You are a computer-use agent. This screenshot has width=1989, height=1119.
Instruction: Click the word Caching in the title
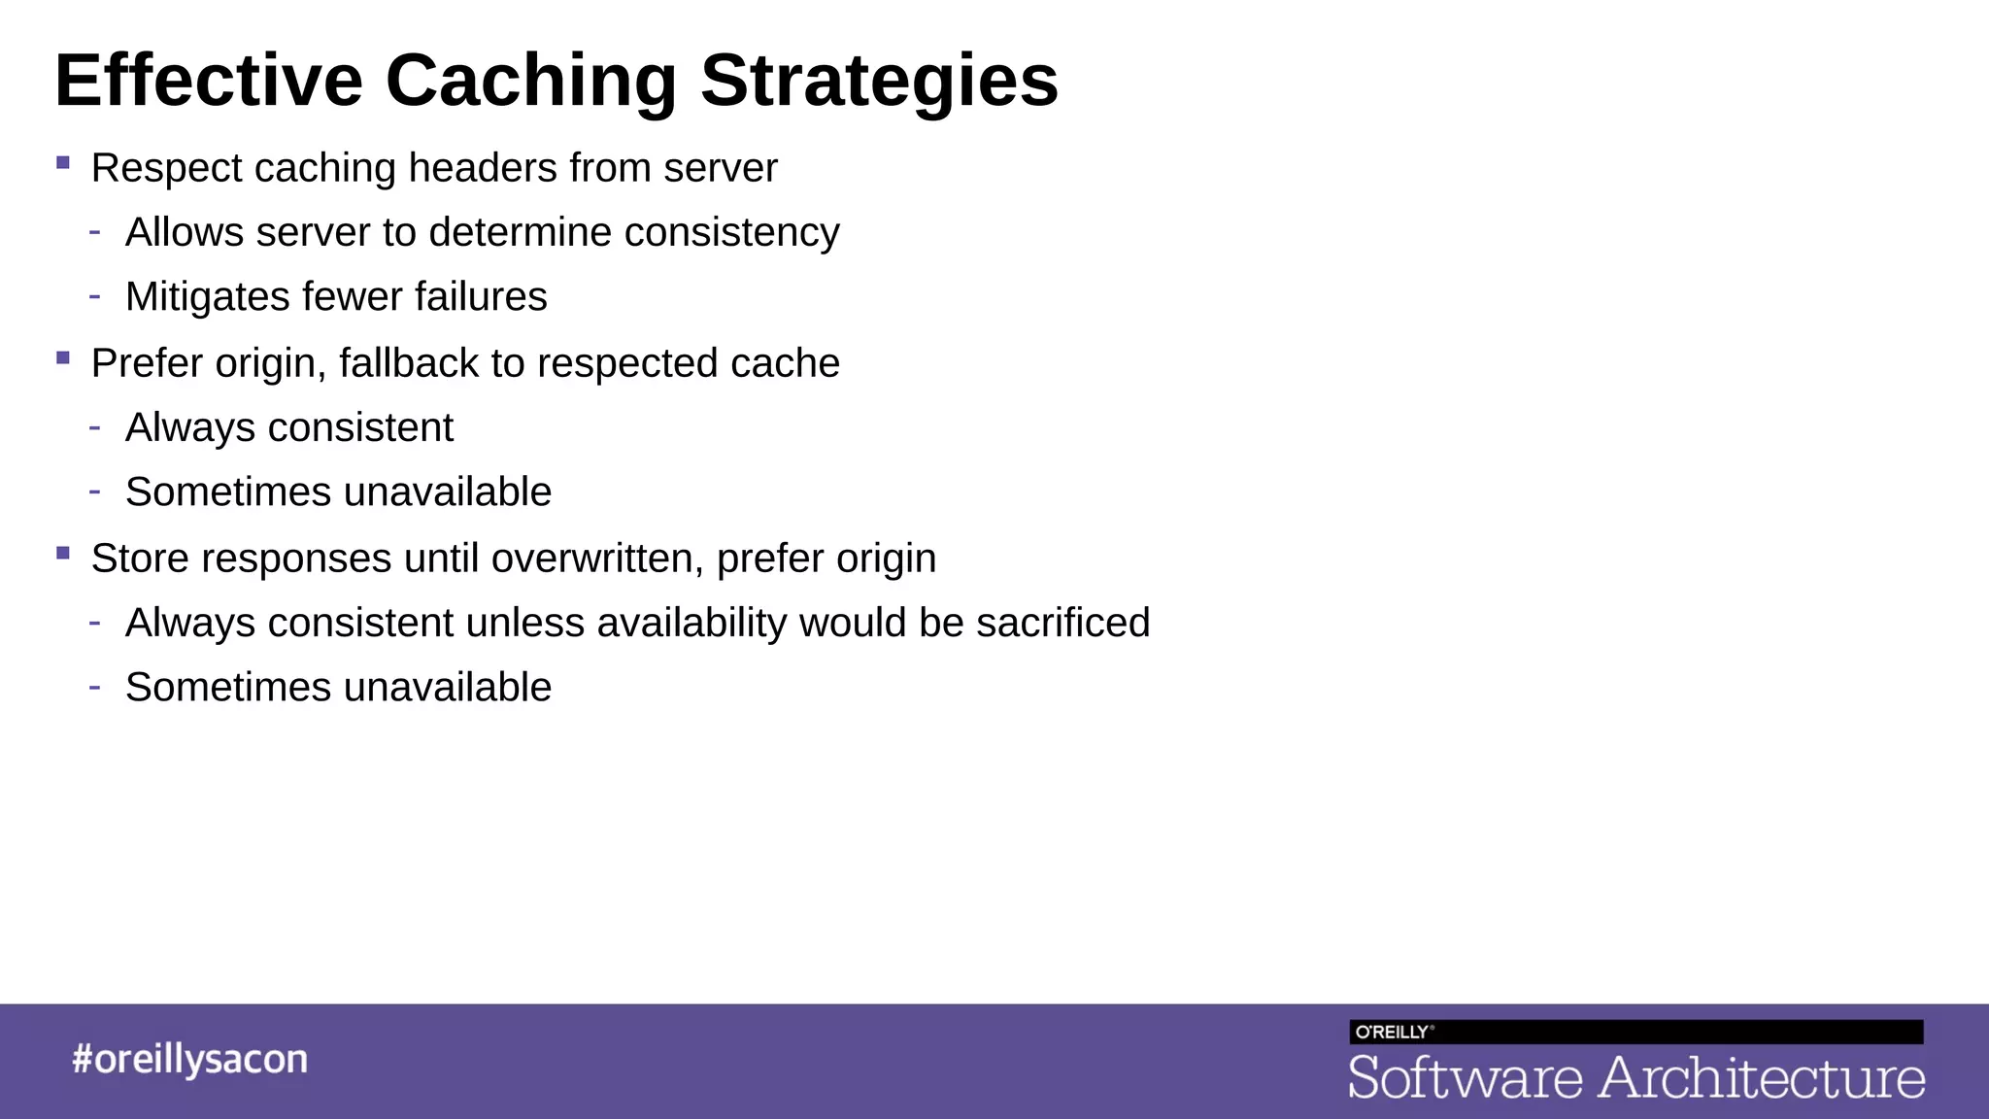pyautogui.click(x=530, y=82)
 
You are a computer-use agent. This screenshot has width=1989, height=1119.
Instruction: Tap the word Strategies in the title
pyautogui.click(x=879, y=82)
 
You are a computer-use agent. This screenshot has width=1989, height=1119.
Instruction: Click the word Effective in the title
pyautogui.click(x=209, y=82)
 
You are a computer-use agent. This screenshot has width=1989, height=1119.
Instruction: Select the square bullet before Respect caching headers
pyautogui.click(x=63, y=163)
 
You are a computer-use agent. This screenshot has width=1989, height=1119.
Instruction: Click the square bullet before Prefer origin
pyautogui.click(x=63, y=358)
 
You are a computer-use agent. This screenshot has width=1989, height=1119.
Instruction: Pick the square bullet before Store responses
pyautogui.click(x=63, y=554)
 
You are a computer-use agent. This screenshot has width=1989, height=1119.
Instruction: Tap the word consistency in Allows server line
pyautogui.click(x=731, y=233)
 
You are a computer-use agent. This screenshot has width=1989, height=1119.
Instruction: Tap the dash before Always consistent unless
pyautogui.click(x=94, y=622)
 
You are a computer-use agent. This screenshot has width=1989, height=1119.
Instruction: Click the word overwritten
pyautogui.click(x=597, y=559)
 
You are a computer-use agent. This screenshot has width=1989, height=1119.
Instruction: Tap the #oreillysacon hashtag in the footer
pyautogui.click(x=189, y=1059)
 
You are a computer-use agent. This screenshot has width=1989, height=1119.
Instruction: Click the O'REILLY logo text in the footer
pyautogui.click(x=1393, y=1033)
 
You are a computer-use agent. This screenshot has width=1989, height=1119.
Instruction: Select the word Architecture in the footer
pyautogui.click(x=1761, y=1078)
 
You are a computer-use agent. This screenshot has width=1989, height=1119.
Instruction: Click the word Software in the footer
pyautogui.click(x=1465, y=1078)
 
